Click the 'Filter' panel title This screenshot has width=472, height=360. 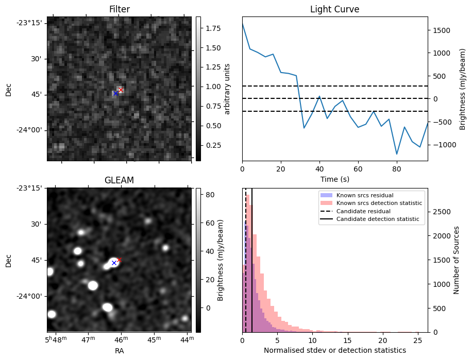120,9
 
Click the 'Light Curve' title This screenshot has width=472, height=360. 334,9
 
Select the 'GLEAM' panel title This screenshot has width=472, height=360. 120,180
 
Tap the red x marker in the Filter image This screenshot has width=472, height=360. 121,90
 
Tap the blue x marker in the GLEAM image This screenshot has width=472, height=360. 114,263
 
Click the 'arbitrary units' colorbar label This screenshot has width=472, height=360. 227,89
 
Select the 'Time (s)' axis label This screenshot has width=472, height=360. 334,179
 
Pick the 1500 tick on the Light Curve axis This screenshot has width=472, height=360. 443,30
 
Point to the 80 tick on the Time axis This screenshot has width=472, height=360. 396,168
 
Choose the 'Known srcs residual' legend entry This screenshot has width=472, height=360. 364,196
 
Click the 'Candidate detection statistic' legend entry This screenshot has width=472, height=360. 377,220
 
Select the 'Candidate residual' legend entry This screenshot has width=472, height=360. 364,212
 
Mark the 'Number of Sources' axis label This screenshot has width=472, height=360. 457,260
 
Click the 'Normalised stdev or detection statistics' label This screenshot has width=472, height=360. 334,350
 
